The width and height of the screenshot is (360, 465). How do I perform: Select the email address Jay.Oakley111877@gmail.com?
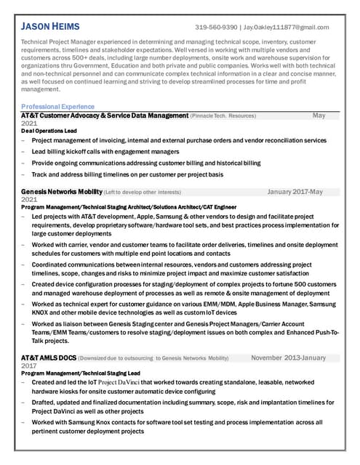point(287,28)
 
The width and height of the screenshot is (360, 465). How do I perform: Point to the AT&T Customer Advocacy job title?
point(104,116)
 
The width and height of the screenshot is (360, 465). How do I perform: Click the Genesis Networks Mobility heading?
point(61,191)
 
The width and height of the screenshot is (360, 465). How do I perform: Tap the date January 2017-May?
point(295,191)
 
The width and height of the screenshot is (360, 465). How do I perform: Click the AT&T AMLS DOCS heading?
point(48,358)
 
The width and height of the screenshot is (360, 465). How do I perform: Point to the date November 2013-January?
point(288,358)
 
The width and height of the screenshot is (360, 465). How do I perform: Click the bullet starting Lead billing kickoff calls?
point(105,152)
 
